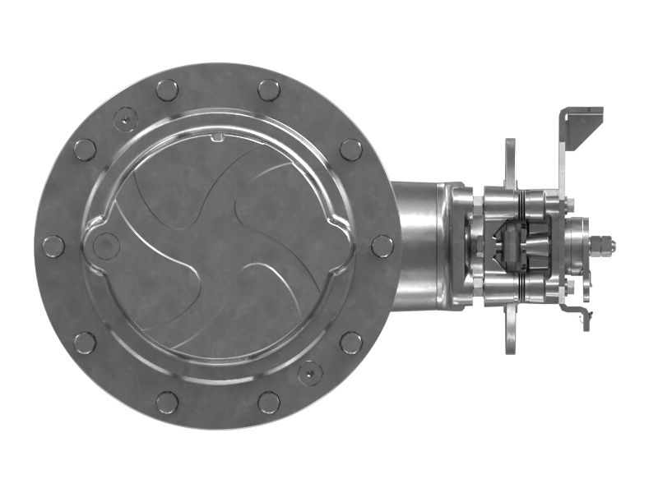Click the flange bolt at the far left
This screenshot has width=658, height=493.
pyautogui.click(x=53, y=246)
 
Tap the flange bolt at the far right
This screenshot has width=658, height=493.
pyautogui.click(x=382, y=246)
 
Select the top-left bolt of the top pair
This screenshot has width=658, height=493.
pyautogui.click(x=167, y=90)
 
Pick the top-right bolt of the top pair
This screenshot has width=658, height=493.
pyautogui.click(x=269, y=90)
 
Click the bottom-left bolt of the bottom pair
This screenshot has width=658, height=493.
pyautogui.click(x=167, y=402)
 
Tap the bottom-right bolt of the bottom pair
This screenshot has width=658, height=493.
pyautogui.click(x=269, y=402)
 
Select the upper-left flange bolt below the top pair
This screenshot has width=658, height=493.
pyautogui.click(x=85, y=150)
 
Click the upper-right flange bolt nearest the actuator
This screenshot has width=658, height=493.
pyautogui.click(x=351, y=150)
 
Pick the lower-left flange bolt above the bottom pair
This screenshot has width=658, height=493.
pyautogui.click(x=85, y=343)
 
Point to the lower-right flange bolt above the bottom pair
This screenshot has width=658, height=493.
pyautogui.click(x=351, y=343)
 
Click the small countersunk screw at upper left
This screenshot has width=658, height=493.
pyautogui.click(x=125, y=120)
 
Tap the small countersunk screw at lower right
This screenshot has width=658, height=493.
pyautogui.click(x=310, y=373)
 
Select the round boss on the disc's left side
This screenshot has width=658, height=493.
pyautogui.click(x=105, y=245)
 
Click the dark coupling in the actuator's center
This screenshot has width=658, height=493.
pyautogui.click(x=514, y=245)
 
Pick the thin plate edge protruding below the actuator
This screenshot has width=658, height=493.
pyautogui.click(x=511, y=333)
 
